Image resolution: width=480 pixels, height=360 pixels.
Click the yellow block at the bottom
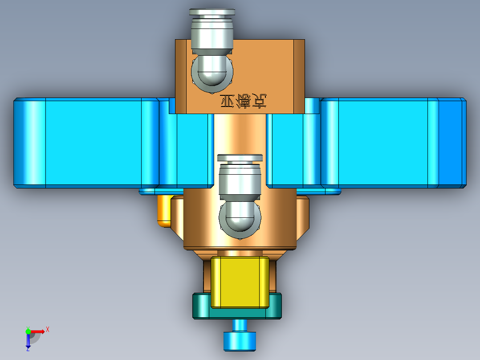pos(240,282)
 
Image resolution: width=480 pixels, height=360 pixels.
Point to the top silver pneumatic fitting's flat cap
pos(212,12)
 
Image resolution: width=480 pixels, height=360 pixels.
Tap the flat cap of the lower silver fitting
pos(240,158)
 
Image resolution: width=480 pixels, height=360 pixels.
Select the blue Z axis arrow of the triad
pos(28,341)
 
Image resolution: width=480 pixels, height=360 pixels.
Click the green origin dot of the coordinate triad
pos(28,331)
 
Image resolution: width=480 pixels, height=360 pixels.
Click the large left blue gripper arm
pos(94,142)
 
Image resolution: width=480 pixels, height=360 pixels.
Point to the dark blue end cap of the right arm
pos(452,142)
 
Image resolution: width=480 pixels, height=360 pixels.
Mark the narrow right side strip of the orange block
pos(299,76)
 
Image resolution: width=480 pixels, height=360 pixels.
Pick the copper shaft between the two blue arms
pos(240,134)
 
